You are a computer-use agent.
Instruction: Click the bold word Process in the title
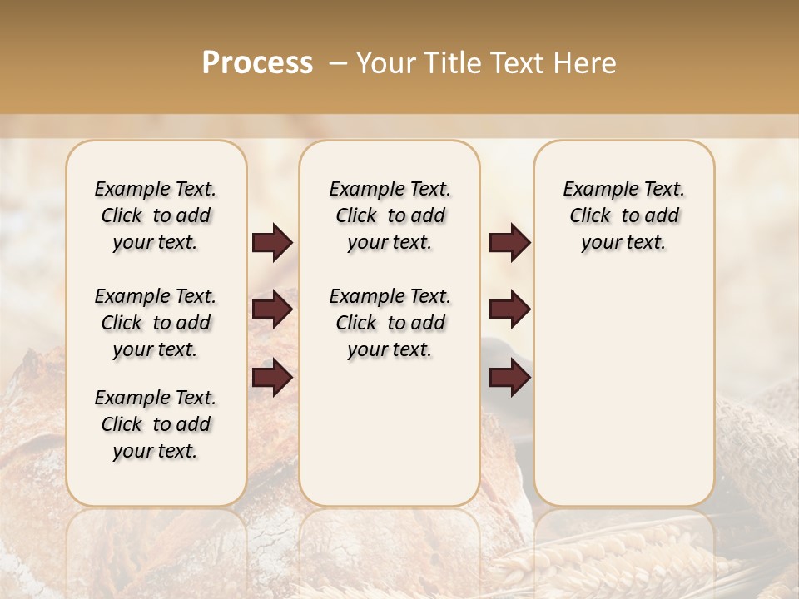pos(257,63)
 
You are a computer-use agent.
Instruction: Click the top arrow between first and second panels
pos(272,243)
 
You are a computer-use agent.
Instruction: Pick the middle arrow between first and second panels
pos(272,310)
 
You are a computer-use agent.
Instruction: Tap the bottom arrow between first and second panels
pos(272,378)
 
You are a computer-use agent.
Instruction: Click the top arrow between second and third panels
pos(509,243)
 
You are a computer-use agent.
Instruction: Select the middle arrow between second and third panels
pos(509,310)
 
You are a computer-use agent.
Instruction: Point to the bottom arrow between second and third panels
pos(509,378)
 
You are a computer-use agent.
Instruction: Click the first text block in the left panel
pos(156,215)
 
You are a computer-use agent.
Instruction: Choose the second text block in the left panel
pos(156,323)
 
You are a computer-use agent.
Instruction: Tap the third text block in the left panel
pos(156,424)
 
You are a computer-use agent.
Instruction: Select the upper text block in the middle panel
pos(390,215)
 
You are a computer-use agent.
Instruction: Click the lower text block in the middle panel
pos(390,323)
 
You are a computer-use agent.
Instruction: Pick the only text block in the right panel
pos(623,215)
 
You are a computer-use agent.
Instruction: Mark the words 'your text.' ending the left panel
pos(156,451)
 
